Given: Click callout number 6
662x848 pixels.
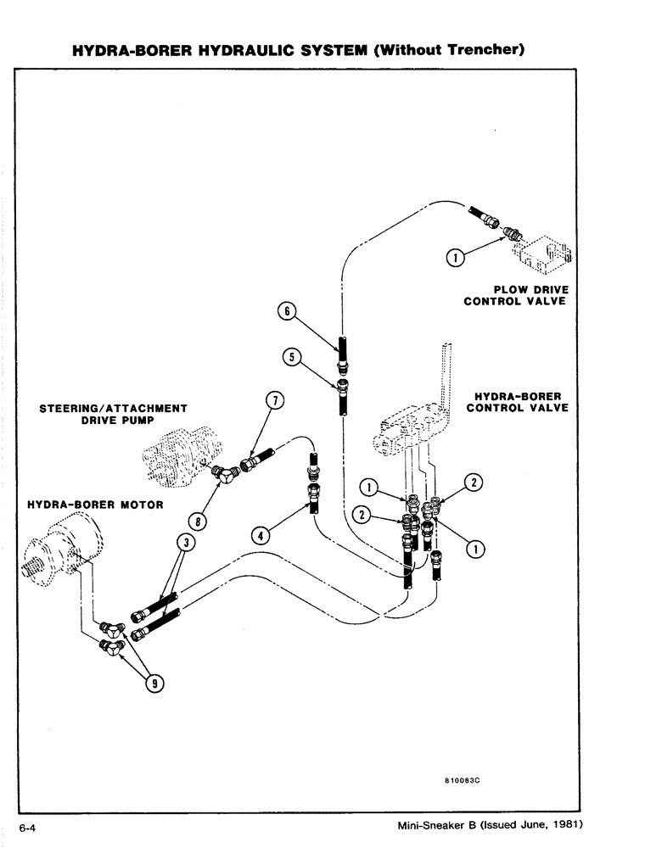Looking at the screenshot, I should [287, 311].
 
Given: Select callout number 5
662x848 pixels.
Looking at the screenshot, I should [290, 357].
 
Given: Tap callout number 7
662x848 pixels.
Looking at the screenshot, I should [275, 401].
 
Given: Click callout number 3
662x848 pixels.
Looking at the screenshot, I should [181, 541].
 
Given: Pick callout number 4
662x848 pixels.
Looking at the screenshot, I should [261, 534].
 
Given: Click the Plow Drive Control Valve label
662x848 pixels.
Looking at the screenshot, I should [514, 296].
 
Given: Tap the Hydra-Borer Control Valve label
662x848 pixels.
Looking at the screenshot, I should [518, 402].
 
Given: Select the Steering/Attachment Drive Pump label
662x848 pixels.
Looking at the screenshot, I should [114, 414].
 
